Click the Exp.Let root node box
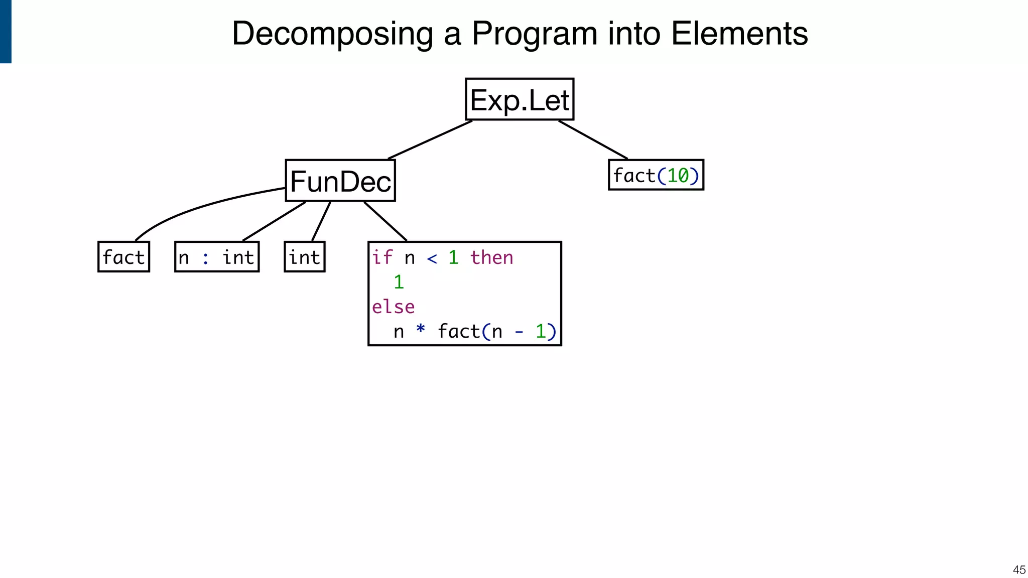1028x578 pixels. click(520, 99)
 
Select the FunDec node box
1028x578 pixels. click(340, 181)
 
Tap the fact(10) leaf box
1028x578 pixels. click(656, 175)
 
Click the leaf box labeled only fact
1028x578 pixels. click(123, 257)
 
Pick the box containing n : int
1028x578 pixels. click(217, 257)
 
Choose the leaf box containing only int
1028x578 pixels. click(304, 257)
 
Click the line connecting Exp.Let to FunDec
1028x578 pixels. click(430, 140)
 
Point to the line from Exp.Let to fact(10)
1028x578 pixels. click(593, 139)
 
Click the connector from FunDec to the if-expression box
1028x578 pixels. click(385, 221)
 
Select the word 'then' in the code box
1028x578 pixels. click(491, 257)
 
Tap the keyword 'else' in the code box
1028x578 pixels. click(393, 307)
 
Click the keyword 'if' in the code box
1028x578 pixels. click(382, 257)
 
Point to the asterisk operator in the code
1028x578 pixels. click(421, 330)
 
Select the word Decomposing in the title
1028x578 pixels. click(332, 34)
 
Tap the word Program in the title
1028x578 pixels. click(535, 34)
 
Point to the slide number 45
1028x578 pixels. click(1019, 569)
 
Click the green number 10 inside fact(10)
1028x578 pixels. click(678, 176)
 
